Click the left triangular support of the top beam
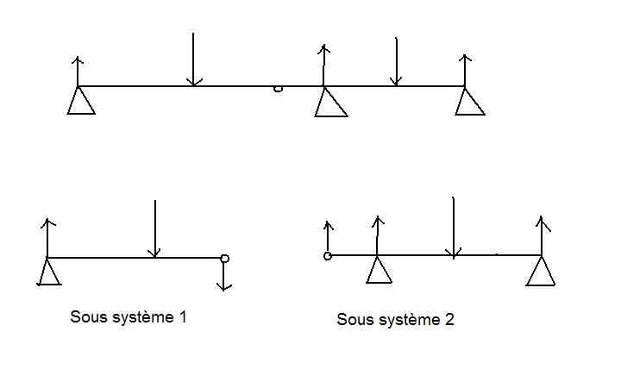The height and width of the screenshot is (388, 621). click(81, 102)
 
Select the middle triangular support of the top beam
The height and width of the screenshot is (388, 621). click(330, 103)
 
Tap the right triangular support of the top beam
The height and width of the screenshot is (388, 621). click(469, 102)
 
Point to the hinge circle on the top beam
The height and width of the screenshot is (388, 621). click(278, 88)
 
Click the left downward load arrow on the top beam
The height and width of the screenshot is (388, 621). click(194, 60)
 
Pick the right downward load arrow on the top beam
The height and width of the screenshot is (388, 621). click(396, 62)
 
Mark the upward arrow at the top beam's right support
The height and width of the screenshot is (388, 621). click(466, 69)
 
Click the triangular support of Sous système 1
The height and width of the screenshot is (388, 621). click(49, 273)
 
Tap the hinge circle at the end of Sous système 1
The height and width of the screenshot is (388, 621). click(224, 258)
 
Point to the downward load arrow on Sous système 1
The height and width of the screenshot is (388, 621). click(154, 229)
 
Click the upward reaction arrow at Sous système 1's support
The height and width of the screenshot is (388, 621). click(47, 238)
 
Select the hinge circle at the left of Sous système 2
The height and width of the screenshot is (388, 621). click(328, 255)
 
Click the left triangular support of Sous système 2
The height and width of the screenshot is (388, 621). click(379, 271)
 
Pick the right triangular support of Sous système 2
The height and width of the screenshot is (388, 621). click(541, 272)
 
